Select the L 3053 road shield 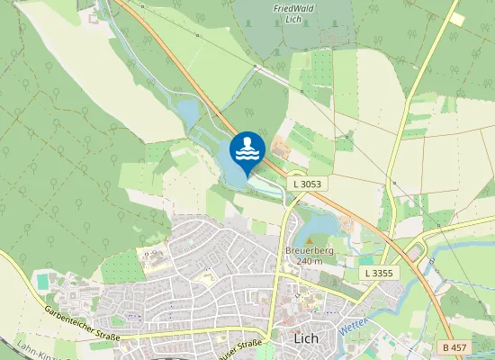[x=307, y=183]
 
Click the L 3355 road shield [x=379, y=272]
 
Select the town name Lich [x=307, y=338]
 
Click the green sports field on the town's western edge [x=43, y=282]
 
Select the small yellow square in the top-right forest [x=457, y=18]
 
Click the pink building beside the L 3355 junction [x=414, y=254]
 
